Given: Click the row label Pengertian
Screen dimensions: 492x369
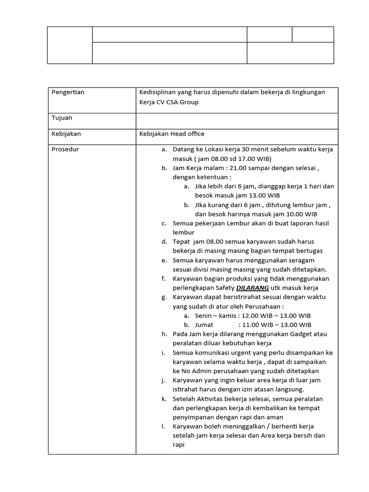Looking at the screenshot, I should tap(68, 92).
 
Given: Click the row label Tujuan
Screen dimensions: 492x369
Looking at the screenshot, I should tap(62, 118).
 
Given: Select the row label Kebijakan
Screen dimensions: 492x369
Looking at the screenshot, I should tap(66, 134).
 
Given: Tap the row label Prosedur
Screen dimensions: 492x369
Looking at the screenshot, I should tap(65, 149).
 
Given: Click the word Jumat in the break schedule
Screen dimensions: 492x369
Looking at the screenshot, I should tap(204, 325).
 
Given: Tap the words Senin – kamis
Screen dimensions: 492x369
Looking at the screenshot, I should tap(216, 316).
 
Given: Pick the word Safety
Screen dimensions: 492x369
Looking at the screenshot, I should tap(223, 288).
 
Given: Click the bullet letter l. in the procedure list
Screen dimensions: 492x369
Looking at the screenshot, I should tap(163, 426).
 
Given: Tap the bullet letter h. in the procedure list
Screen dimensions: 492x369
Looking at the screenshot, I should tap(164, 334).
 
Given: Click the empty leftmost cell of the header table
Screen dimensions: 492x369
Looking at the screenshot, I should tap(70, 45).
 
